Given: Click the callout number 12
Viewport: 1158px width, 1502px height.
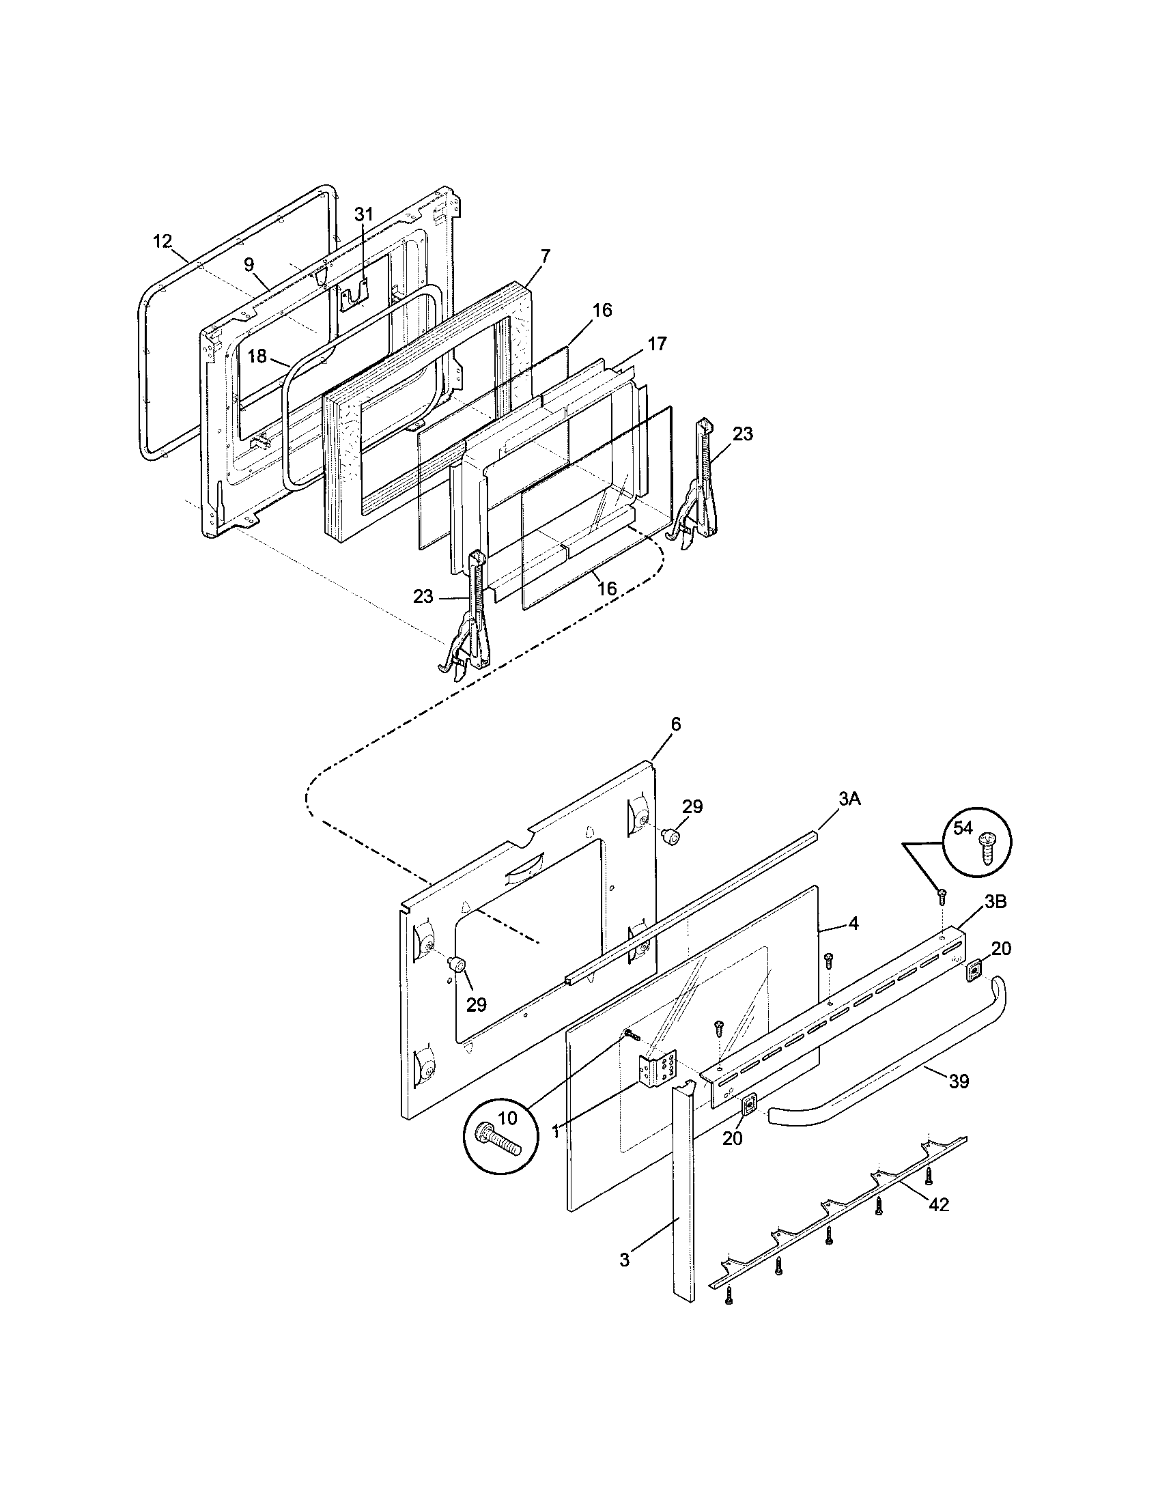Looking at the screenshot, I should (x=162, y=242).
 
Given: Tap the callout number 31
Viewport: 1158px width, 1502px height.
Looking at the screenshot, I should (x=363, y=214).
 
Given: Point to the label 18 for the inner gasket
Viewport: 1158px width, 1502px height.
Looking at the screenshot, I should (x=257, y=356).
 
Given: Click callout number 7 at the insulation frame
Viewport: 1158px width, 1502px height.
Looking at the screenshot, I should (x=545, y=256).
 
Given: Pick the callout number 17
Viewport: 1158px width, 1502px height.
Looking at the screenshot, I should (x=658, y=343).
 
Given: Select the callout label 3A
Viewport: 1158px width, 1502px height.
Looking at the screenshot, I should (x=849, y=799).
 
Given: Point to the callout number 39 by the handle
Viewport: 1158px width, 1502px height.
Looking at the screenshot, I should (x=959, y=1082).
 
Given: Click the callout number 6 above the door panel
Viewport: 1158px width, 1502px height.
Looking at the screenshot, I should (x=676, y=724).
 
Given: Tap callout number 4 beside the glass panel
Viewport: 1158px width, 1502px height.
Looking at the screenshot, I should (x=853, y=924).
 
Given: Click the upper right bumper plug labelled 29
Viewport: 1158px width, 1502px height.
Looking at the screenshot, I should (x=670, y=838).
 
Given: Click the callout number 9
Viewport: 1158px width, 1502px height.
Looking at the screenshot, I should (x=249, y=265).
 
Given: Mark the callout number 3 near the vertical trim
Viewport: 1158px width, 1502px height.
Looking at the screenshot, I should (x=624, y=1260).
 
